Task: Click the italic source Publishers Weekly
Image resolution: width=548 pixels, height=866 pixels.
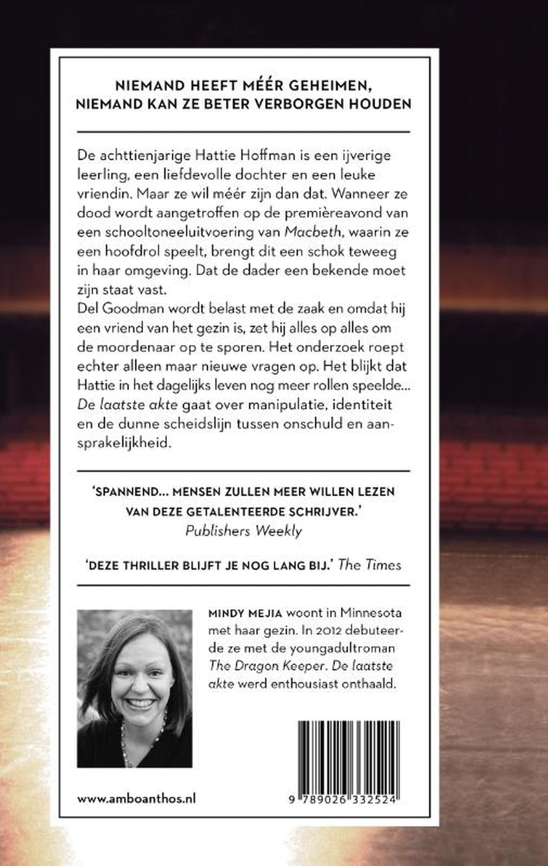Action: (x=243, y=530)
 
